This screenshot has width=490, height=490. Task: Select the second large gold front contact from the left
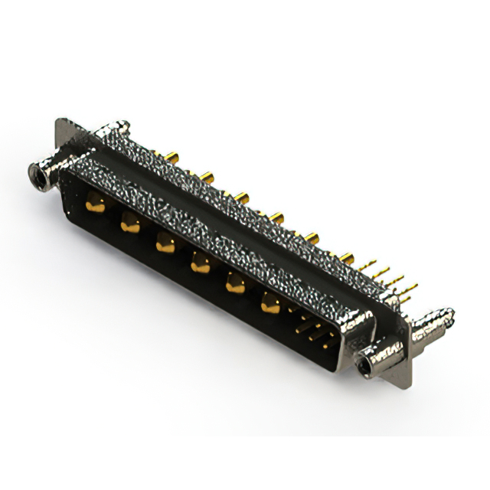coord(130,223)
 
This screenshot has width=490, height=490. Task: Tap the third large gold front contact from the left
coord(165,244)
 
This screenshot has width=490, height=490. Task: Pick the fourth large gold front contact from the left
coord(200,264)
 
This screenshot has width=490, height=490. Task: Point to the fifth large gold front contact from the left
coord(234,285)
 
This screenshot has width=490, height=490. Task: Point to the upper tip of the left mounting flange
coord(61,122)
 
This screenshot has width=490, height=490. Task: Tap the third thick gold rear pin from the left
coord(242,198)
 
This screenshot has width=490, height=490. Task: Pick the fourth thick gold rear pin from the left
coord(276,218)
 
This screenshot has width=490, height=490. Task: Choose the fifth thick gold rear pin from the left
coord(312,238)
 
